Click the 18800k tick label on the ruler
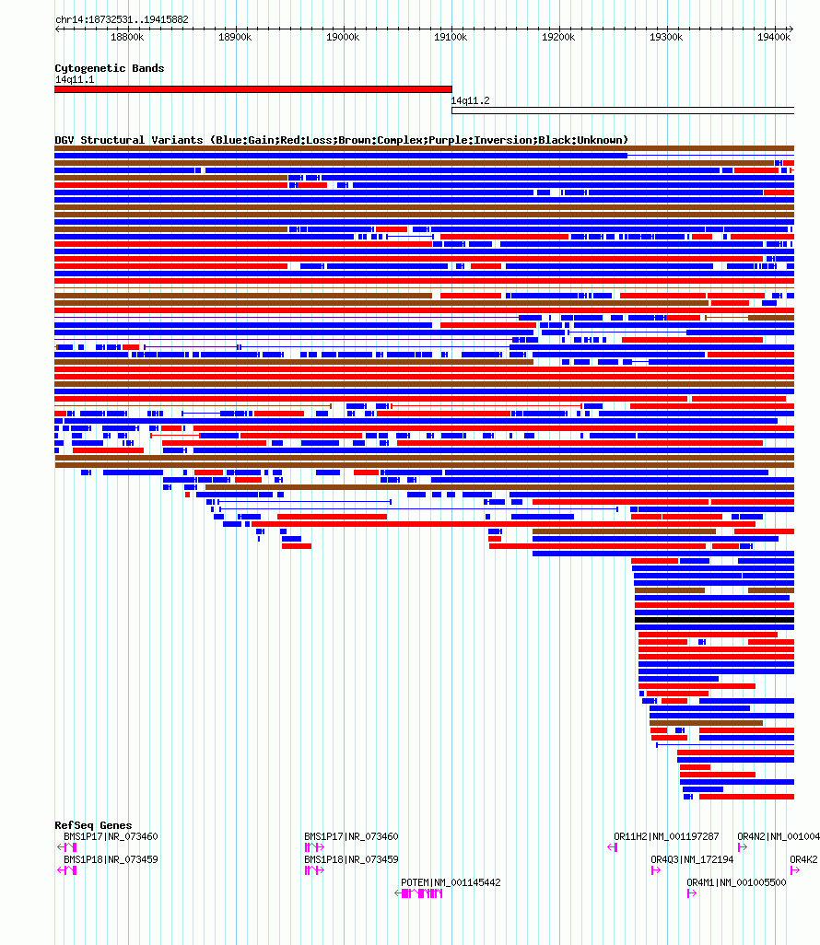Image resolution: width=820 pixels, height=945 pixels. click(x=127, y=38)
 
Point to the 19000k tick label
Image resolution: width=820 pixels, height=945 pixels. click(x=343, y=38)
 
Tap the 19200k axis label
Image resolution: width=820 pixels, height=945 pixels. click(x=558, y=38)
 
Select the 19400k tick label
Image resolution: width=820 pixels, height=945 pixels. click(x=774, y=38)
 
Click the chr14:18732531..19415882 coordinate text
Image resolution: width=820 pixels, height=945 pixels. click(x=122, y=19)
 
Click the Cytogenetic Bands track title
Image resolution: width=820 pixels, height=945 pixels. click(x=109, y=68)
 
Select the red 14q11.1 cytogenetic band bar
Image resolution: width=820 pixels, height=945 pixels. click(x=253, y=89)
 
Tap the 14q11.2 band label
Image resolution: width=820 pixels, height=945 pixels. click(x=470, y=100)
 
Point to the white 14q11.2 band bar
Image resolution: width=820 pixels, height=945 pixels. click(x=623, y=111)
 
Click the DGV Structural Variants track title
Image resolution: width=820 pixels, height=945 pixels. click(x=341, y=140)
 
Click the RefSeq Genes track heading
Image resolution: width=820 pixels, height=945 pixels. click(x=93, y=825)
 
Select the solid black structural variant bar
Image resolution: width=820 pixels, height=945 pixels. click(x=714, y=620)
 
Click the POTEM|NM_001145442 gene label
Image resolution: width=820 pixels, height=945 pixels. click(x=451, y=882)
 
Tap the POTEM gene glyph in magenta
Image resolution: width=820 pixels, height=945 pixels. click(x=418, y=893)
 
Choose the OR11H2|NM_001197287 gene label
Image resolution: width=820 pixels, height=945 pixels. click(x=666, y=836)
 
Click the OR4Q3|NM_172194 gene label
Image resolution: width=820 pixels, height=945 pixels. click(x=692, y=859)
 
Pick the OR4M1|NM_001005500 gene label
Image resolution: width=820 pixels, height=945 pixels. click(x=736, y=882)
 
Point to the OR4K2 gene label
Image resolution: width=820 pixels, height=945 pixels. click(x=803, y=859)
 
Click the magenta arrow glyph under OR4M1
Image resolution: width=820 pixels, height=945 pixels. click(x=692, y=893)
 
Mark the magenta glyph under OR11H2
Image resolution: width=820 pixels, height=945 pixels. click(x=613, y=847)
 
